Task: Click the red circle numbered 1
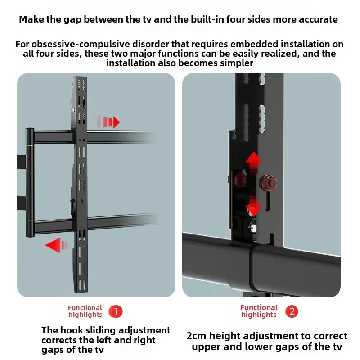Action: pos(116,311)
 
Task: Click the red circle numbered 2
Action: pos(292,311)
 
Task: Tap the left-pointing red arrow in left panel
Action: pos(57,245)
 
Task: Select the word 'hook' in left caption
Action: pos(71,330)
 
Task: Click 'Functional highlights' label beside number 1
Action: pos(85,311)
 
